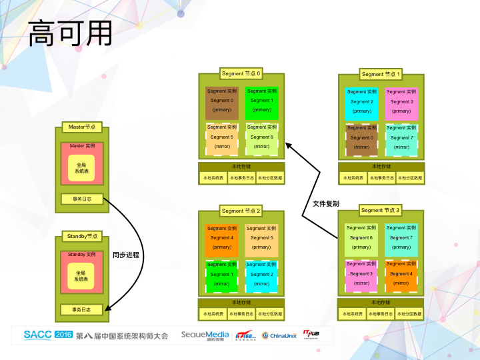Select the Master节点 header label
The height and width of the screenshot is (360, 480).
coord(82,127)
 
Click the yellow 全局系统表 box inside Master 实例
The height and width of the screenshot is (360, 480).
coord(82,167)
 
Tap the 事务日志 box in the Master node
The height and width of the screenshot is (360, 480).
coord(82,199)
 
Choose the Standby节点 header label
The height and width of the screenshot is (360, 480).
coord(82,236)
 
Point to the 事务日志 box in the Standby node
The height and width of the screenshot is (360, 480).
coord(82,309)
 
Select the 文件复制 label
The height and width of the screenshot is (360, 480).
coord(326,203)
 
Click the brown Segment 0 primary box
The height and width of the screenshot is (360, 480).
coord(223,103)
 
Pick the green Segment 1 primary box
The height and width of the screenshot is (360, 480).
coord(261,103)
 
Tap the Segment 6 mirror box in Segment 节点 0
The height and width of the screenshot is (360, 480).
coord(261,139)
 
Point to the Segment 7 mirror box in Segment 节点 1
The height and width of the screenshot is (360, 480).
coord(401,140)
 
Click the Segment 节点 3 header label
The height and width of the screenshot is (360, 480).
coord(381,210)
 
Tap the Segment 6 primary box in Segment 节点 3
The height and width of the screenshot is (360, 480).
coord(361,240)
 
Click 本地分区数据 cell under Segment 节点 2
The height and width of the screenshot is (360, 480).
coord(270,313)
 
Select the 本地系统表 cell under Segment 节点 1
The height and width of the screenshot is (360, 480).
coord(353,178)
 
